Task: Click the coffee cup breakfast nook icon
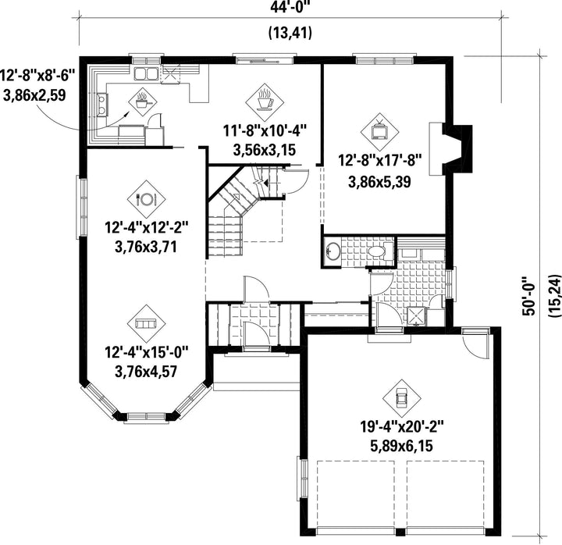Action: (265, 100)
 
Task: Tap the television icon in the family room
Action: (379, 132)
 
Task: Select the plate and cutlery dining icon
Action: (146, 199)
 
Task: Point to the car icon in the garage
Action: (402, 398)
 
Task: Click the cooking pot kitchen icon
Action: (142, 102)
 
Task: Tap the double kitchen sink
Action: (146, 73)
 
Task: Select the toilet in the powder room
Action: (382, 251)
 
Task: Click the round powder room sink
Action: (333, 251)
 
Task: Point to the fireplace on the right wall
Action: (451, 149)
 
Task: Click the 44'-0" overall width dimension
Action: (290, 6)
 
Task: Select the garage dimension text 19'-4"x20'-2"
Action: (402, 427)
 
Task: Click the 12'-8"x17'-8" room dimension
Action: (379, 160)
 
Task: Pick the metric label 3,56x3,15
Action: (265, 150)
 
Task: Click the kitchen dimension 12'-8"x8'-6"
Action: (37, 76)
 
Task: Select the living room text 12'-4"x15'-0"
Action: (146, 351)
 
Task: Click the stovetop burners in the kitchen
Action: (101, 105)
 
